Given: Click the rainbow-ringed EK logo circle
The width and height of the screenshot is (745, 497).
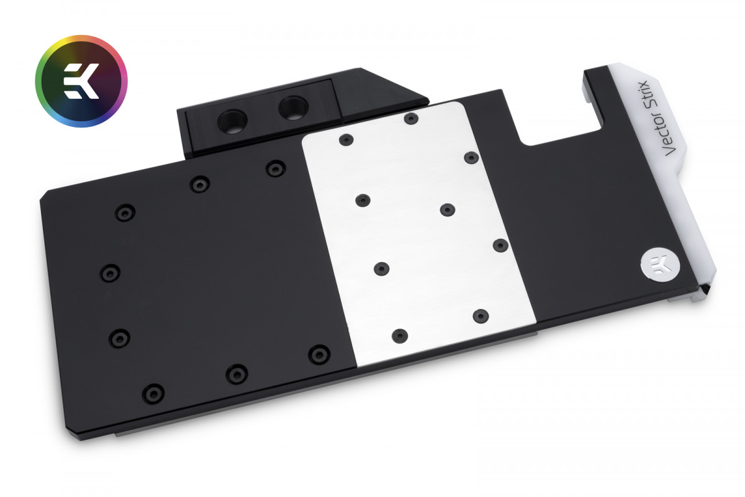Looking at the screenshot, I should tap(81, 81).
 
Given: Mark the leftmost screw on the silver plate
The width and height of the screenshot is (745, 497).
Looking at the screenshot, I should tap(347, 140).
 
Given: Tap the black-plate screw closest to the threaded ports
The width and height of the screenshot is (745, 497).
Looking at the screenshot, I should tap(274, 168).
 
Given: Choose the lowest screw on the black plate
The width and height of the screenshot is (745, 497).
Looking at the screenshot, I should tap(153, 393).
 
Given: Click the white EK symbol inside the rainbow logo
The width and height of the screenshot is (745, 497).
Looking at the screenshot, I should tap(81, 81).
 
